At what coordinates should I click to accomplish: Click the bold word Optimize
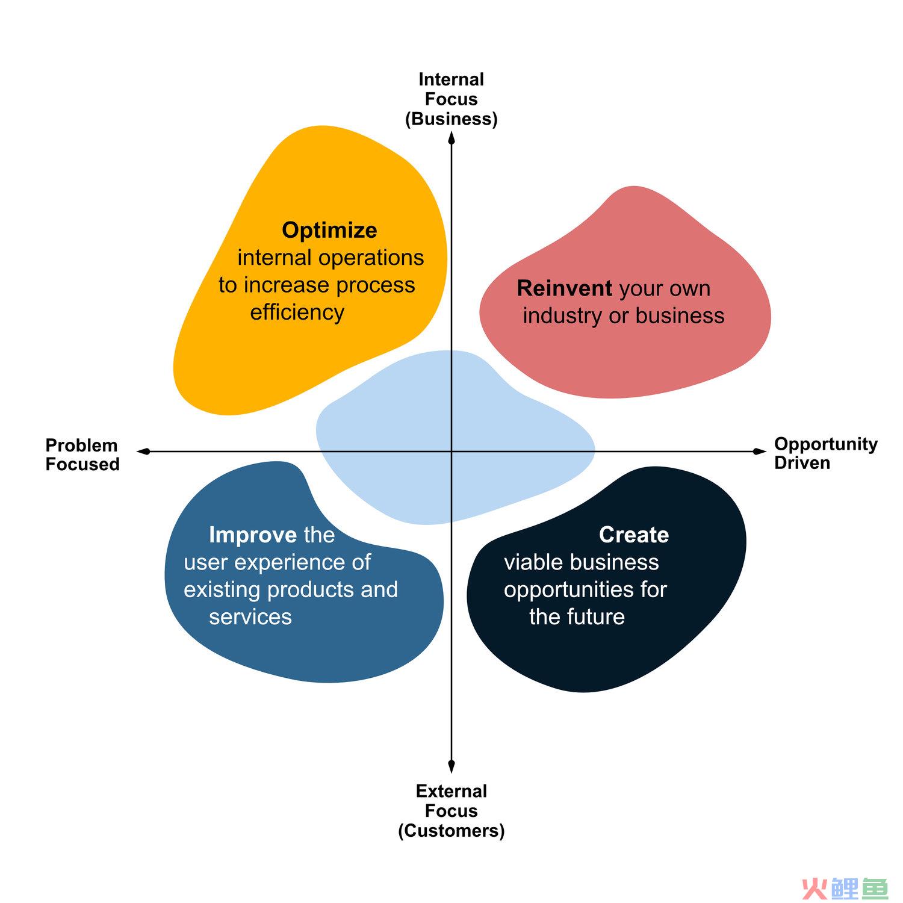329,231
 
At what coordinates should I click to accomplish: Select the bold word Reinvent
564,288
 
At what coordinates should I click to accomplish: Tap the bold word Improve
253,535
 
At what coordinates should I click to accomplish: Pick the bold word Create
634,535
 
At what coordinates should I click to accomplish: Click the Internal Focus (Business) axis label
451,99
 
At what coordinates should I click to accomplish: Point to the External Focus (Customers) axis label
451,811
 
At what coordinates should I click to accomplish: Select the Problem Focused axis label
82,455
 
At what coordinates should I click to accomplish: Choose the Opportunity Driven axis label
826,453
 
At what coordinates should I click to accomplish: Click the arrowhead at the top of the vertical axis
451,138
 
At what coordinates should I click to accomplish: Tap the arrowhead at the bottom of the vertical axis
451,766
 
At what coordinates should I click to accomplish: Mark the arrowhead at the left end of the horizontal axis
143,451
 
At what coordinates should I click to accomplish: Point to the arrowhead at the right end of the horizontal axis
760,451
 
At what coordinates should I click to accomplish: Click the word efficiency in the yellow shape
297,312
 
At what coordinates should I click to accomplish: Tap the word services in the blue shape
250,617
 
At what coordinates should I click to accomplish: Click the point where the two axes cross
451,451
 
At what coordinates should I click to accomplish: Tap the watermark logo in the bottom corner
845,888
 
